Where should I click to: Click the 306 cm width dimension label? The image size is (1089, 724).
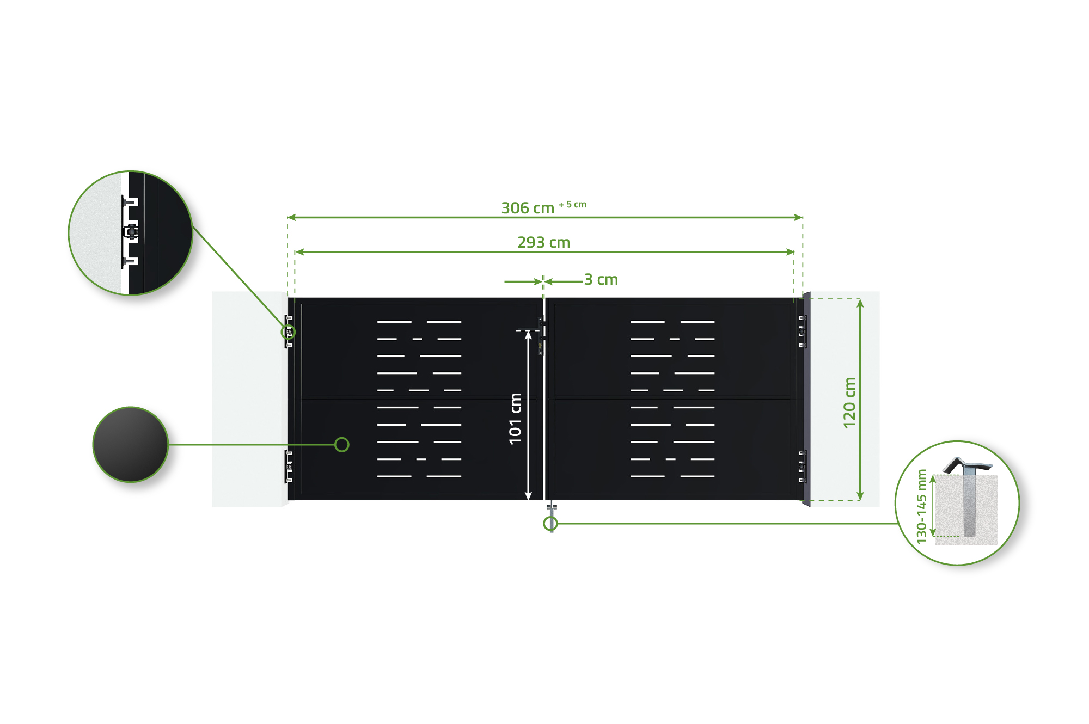527,208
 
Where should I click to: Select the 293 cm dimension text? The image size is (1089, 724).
543,242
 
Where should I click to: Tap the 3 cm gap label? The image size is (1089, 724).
601,280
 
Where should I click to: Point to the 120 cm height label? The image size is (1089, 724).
849,402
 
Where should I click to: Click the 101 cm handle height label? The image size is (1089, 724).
515,419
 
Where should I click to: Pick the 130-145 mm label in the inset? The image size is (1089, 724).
921,506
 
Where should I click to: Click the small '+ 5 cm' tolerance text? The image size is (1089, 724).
573,205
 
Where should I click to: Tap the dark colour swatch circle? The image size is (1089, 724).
131,444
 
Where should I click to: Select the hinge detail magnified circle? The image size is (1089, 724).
131,233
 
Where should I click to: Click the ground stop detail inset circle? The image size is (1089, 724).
957,503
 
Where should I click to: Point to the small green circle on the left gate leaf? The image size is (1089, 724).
342,445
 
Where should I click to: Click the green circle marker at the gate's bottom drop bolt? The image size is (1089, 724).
550,524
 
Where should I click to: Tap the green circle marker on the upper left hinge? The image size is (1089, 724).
288,332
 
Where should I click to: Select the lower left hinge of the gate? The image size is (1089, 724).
289,467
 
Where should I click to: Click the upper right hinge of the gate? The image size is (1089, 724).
802,331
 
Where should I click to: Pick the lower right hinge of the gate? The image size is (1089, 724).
802,466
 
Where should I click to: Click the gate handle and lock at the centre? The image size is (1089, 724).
541,336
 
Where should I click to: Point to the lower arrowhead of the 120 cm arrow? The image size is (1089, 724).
860,496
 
